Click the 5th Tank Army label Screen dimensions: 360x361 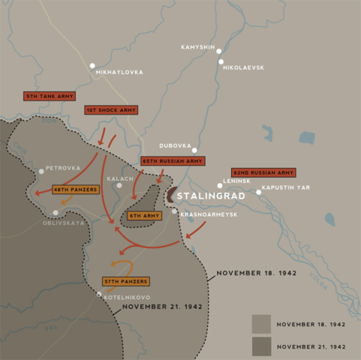coord(49,97)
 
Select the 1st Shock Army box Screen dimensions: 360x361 coord(111,110)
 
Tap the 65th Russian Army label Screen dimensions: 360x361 coord(173,161)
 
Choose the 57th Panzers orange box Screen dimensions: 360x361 coord(125,281)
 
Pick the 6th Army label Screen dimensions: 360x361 coord(145,215)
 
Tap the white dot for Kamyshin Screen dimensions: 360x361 coord(219,51)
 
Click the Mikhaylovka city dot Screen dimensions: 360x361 coord(92,65)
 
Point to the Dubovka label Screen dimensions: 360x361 coord(175,145)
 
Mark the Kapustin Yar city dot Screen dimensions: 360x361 coord(259,193)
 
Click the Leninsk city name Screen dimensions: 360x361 coord(237,180)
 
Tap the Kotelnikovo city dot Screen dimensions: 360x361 coord(98,294)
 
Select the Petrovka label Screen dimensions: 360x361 coord(63,168)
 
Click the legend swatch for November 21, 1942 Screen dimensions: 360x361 coord(261,346)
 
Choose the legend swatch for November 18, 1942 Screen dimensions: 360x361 coord(261,324)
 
